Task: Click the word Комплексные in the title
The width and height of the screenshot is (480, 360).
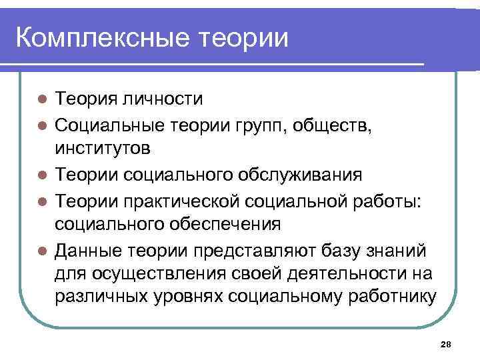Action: tap(103, 37)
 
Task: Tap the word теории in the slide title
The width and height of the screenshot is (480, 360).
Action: tap(244, 37)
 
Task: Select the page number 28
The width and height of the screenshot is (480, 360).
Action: tap(446, 344)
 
